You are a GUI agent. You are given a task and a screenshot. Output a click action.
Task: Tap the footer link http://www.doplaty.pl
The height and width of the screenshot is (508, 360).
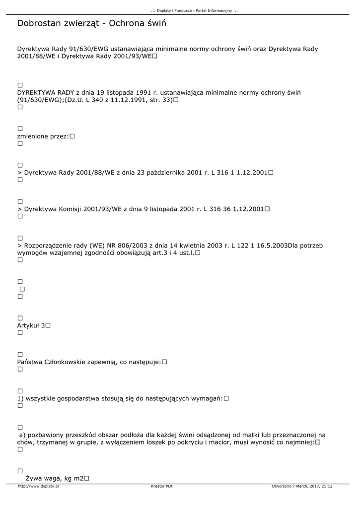(x=38, y=486)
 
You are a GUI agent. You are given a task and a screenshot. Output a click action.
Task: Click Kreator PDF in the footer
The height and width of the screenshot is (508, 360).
(x=162, y=486)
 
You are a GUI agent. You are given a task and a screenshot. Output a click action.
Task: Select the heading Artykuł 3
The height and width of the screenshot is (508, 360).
(x=31, y=325)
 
